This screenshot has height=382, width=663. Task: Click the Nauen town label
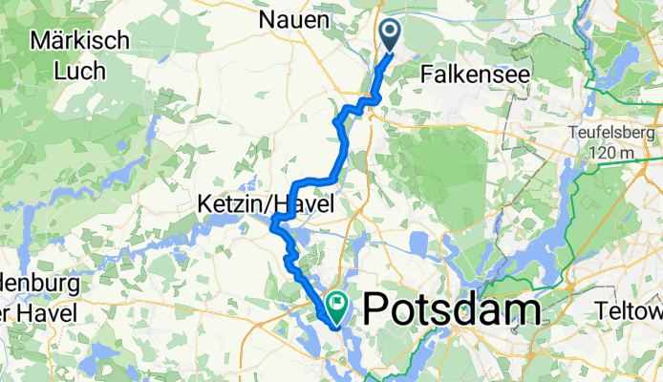click(x=295, y=19)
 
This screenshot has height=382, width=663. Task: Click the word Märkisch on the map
click(x=75, y=41)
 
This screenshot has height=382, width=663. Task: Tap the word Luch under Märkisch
click(x=75, y=70)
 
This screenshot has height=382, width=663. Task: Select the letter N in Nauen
click(x=268, y=19)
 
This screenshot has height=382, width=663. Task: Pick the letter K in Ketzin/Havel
click(x=205, y=204)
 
